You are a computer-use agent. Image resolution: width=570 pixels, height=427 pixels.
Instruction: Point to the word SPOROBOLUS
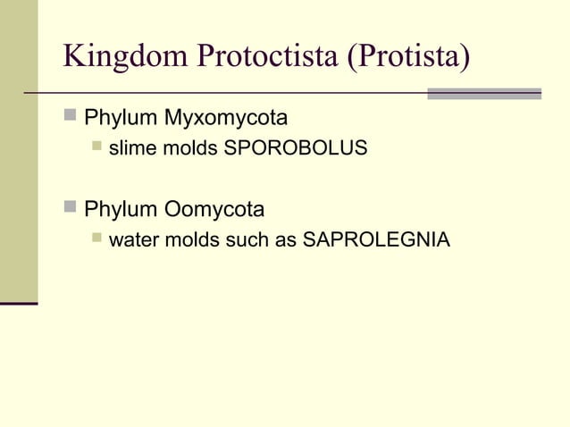(296, 148)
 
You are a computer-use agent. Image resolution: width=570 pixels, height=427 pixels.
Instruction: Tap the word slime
(130, 148)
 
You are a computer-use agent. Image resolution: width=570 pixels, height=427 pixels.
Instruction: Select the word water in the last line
(132, 240)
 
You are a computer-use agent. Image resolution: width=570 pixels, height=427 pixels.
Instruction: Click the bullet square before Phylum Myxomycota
(71, 116)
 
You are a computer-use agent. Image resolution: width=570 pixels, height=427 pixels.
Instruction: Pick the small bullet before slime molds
(96, 147)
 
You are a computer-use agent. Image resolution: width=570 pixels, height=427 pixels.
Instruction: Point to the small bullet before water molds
(96, 239)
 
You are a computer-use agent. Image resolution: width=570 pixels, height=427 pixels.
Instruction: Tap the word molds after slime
(189, 148)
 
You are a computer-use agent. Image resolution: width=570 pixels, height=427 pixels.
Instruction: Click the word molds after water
(192, 240)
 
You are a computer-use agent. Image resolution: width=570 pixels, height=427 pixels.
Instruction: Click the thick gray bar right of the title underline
(484, 93)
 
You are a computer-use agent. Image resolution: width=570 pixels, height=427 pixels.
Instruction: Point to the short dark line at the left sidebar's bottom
(19, 304)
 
